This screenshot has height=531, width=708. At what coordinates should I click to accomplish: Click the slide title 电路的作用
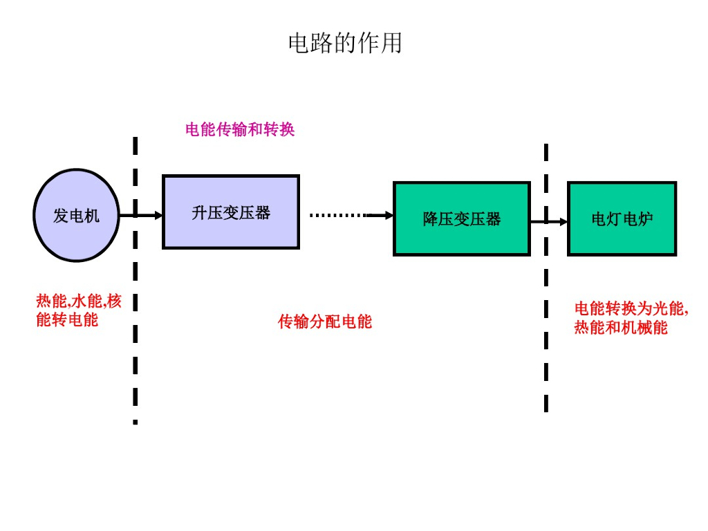(x=345, y=44)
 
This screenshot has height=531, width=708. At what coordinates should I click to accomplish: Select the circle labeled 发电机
(x=77, y=216)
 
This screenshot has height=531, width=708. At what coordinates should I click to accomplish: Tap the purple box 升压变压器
(x=231, y=212)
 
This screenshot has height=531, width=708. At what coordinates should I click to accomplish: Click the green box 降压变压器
(x=461, y=218)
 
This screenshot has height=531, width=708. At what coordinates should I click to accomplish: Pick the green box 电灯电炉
(x=622, y=218)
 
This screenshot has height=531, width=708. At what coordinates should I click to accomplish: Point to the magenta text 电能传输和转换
(x=240, y=129)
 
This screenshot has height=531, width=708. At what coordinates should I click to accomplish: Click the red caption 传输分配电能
(x=325, y=322)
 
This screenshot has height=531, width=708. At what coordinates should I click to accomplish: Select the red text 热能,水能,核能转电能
(x=78, y=310)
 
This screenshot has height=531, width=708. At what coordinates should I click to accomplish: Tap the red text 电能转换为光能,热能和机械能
(x=631, y=318)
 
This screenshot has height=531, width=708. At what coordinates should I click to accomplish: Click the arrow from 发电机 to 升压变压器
(x=141, y=215)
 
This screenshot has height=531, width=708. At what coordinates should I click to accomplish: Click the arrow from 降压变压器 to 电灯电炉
(x=549, y=222)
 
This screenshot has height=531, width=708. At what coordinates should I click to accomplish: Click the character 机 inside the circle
(x=92, y=216)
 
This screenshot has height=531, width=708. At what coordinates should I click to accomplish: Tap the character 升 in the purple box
(x=200, y=212)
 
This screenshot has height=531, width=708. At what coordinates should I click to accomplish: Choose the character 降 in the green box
(x=431, y=219)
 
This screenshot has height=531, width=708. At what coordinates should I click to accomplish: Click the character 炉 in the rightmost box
(x=645, y=219)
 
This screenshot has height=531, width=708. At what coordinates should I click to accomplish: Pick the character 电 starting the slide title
(x=298, y=44)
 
